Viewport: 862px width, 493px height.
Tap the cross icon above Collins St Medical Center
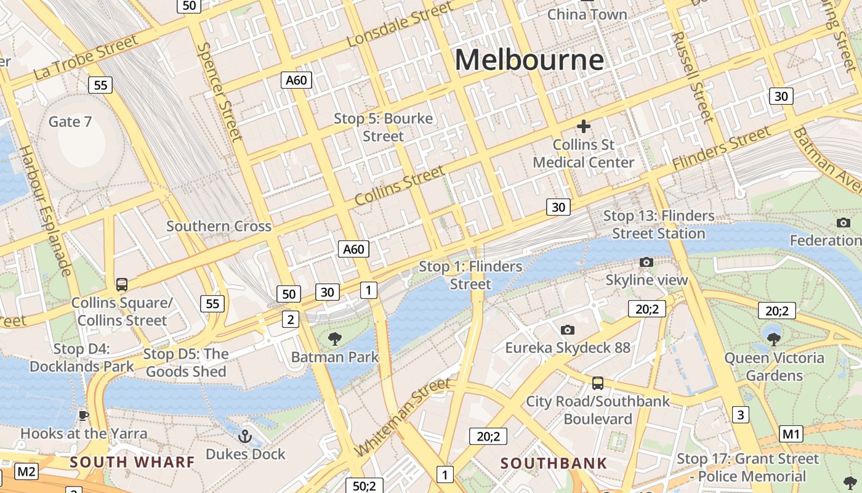click(x=583, y=127)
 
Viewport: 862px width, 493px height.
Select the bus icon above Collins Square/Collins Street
click(x=122, y=285)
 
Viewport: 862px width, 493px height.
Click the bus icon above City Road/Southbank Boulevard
click(x=597, y=383)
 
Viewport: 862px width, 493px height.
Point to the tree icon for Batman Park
click(x=335, y=338)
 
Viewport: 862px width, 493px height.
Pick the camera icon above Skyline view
click(x=646, y=263)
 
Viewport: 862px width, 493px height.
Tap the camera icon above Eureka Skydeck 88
click(x=568, y=330)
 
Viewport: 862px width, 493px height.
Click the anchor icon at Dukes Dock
click(x=245, y=436)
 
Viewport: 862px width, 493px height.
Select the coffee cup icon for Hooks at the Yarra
click(x=84, y=415)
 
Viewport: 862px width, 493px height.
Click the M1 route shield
click(x=791, y=434)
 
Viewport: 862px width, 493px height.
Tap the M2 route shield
click(x=26, y=472)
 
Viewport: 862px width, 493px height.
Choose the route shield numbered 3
click(x=741, y=414)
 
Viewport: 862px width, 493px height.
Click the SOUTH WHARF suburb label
click(x=132, y=462)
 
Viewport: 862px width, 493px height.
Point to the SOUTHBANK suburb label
click(x=554, y=463)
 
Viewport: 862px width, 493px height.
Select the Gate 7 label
click(x=70, y=121)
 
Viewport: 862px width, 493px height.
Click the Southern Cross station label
click(x=219, y=226)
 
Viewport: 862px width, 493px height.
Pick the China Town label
click(x=587, y=14)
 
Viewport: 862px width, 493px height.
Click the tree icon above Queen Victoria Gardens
click(x=774, y=338)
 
